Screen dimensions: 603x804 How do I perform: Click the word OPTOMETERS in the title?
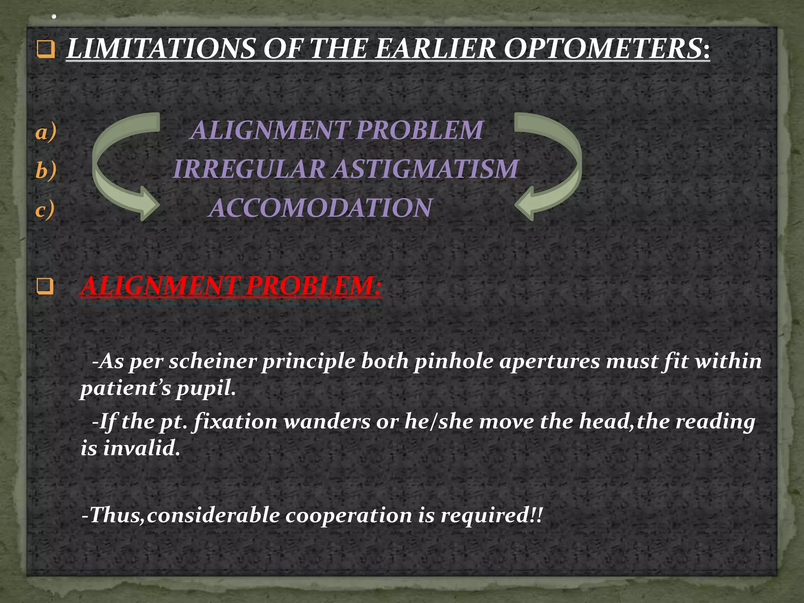607,49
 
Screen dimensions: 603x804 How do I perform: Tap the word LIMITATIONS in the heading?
161,49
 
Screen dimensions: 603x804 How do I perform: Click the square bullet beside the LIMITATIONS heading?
46,49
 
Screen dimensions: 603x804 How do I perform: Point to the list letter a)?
46,132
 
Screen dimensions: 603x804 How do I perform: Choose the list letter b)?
46,170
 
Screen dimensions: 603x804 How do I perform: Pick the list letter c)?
45,209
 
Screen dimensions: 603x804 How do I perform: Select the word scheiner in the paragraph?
212,361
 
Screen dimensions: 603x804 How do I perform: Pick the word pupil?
206,388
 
